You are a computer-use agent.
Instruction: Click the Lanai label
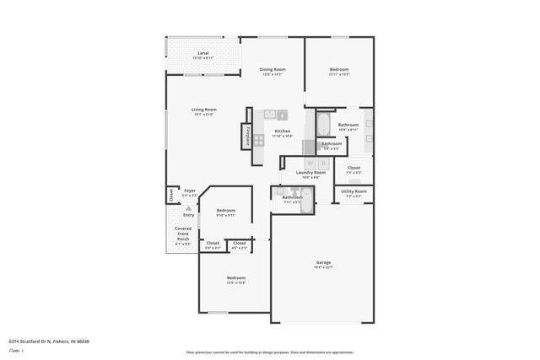coord(203,53)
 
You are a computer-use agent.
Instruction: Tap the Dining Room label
coord(272,69)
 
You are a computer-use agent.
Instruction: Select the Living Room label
coord(204,110)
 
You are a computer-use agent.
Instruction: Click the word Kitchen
coord(283,132)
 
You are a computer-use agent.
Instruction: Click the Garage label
coord(324,262)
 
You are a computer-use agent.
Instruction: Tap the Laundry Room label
coord(301,172)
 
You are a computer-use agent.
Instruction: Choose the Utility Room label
coord(354,191)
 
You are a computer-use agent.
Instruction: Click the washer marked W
coord(310,163)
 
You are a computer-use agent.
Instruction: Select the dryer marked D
coord(323,163)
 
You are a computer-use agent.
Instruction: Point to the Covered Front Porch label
coord(183,234)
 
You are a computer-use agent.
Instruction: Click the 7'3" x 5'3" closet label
coord(354,168)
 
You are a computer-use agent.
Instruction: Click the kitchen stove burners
coord(259,139)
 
